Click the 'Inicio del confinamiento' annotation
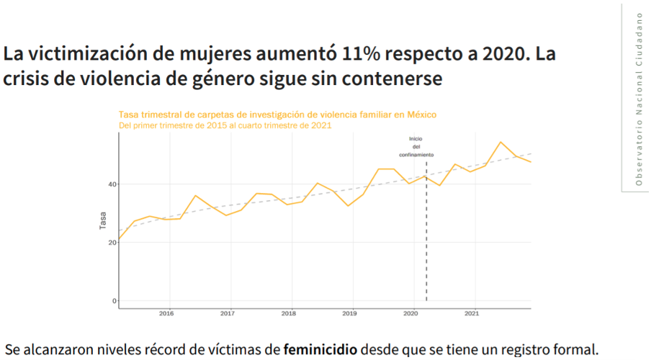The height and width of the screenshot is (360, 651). point(417,146)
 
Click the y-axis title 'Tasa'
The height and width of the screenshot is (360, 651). point(103,220)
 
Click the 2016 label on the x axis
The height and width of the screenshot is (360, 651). point(166,314)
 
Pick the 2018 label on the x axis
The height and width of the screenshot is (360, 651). point(289,314)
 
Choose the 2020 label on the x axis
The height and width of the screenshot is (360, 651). point(410,314)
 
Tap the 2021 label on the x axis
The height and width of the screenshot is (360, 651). point(472,314)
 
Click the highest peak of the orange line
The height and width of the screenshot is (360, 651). point(501,143)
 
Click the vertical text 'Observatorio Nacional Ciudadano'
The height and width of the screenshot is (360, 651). point(638,99)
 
